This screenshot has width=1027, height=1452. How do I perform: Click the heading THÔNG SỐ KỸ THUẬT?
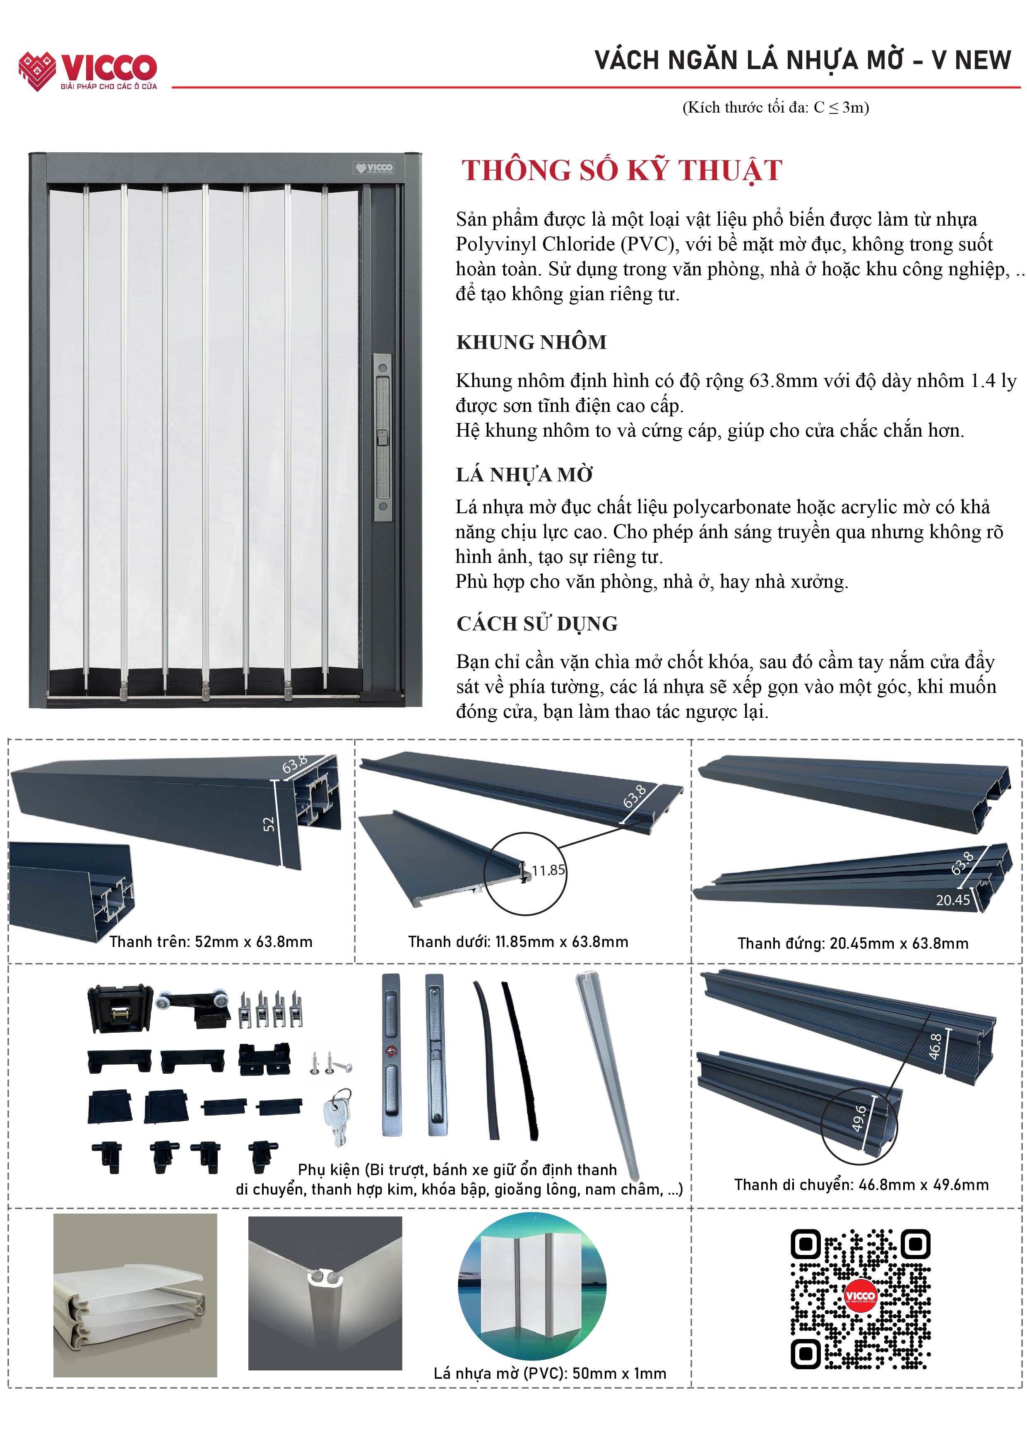(622, 171)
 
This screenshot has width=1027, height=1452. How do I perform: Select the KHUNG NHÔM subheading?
(531, 342)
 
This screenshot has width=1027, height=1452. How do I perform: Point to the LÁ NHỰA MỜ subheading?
(524, 474)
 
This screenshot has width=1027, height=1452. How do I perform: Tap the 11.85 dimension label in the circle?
(548, 870)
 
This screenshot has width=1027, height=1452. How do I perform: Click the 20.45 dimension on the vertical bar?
(952, 900)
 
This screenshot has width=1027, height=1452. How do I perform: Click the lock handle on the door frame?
(382, 437)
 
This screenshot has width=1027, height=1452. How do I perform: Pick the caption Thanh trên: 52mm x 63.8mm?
(211, 942)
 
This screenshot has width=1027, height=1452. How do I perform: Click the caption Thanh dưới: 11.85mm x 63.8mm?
(518, 942)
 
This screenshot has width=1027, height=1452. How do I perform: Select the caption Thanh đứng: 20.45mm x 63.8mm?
(852, 944)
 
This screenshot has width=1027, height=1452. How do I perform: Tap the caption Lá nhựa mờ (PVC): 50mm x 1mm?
(550, 1374)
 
